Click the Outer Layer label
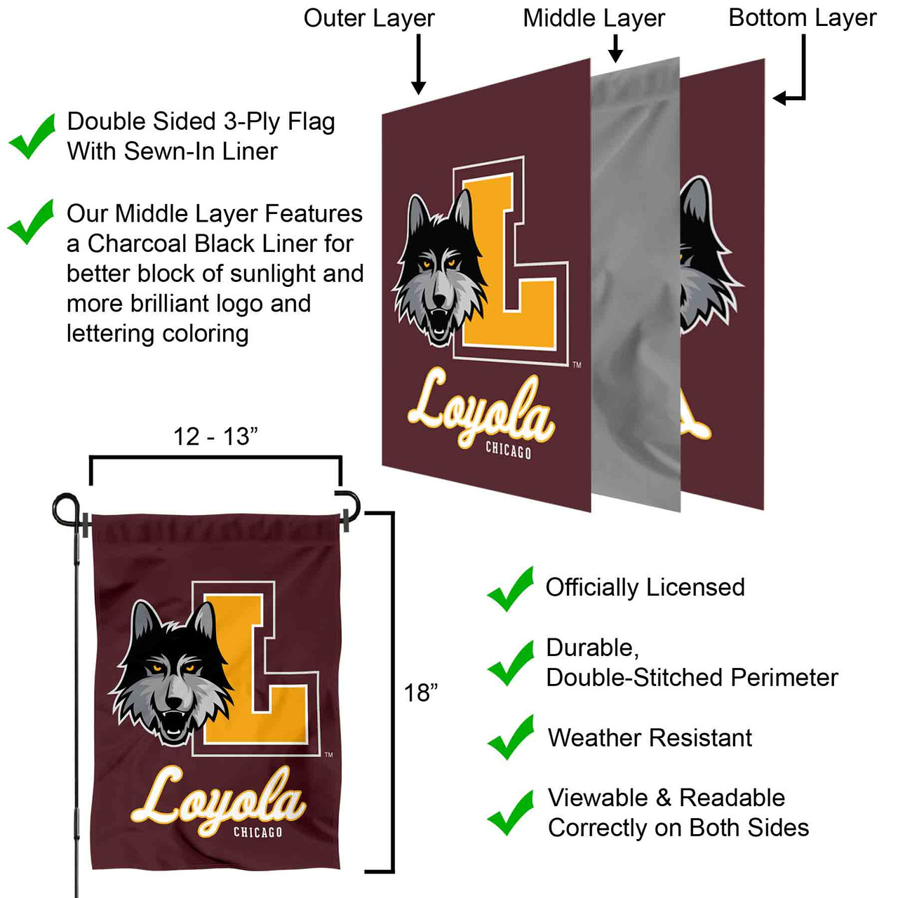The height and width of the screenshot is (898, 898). [x=369, y=18]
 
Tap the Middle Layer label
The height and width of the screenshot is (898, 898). [x=594, y=18]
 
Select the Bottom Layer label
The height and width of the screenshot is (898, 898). [x=802, y=18]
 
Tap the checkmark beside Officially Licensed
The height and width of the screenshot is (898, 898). [x=511, y=589]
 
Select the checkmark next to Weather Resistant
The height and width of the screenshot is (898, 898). [x=511, y=737]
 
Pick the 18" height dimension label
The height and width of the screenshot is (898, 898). [x=420, y=692]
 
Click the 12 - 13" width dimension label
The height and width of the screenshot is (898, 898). [x=215, y=436]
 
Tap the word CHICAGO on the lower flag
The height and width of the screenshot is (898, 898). [x=257, y=832]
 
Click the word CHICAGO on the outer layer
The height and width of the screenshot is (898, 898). [x=509, y=450]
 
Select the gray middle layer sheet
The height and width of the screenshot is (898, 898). [x=635, y=281]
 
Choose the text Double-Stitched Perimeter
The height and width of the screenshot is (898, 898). [x=692, y=677]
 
